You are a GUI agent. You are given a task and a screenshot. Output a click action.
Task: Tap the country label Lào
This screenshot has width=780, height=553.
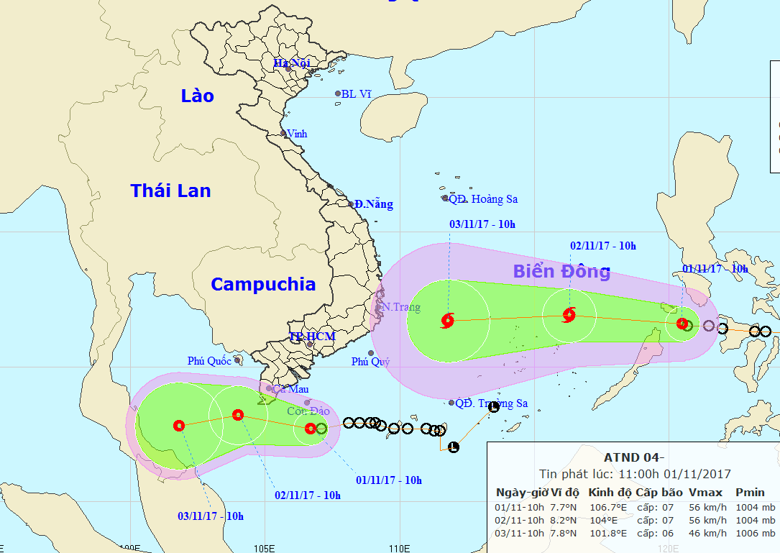(x=197, y=96)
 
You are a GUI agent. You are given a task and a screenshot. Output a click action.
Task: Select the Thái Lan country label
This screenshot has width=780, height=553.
(x=170, y=191)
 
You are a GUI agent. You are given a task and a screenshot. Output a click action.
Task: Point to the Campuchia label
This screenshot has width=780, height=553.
(x=262, y=284)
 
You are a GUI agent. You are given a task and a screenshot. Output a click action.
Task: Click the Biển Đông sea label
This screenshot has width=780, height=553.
(x=561, y=271)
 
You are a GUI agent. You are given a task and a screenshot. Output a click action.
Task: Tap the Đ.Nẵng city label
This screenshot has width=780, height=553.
(x=373, y=204)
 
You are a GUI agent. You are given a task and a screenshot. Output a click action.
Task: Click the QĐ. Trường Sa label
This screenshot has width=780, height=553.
(x=492, y=403)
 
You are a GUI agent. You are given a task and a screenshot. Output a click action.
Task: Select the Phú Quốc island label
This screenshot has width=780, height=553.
(x=209, y=361)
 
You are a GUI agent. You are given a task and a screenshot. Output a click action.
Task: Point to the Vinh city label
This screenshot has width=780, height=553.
(x=297, y=134)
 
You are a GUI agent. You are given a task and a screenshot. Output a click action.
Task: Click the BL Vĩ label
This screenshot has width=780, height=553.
(x=357, y=93)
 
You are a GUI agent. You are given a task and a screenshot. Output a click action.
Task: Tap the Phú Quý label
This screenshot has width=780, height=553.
(x=370, y=362)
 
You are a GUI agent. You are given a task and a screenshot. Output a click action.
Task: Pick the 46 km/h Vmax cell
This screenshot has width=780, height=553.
(x=707, y=533)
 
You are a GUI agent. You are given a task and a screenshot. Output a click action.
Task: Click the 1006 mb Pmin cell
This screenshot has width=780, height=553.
(x=755, y=533)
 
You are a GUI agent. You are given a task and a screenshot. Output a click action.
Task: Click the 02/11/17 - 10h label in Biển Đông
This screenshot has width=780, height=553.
(x=602, y=246)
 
